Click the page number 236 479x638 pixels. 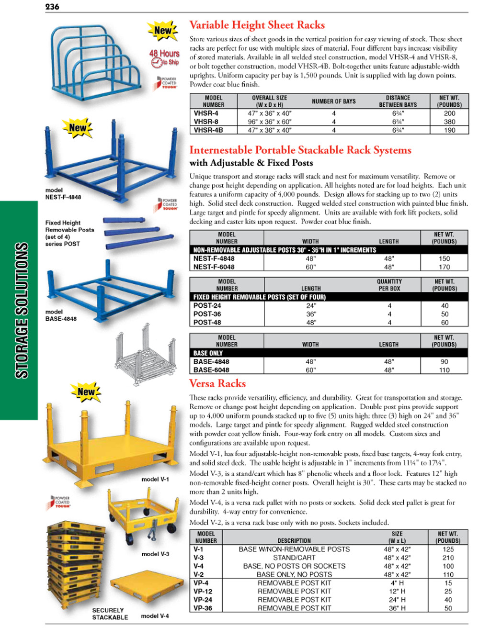pyautogui.click(x=52, y=7)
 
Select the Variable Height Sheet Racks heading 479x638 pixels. pyautogui.click(x=257, y=25)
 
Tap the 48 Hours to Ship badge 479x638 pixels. pyautogui.click(x=164, y=58)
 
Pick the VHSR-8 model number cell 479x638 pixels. pyautogui.click(x=206, y=122)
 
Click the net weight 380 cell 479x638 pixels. pyautogui.click(x=449, y=122)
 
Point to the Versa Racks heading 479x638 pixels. pyautogui.click(x=217, y=383)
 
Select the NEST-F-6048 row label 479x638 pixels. pyautogui.click(x=214, y=267)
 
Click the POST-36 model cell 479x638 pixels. pyautogui.click(x=207, y=314)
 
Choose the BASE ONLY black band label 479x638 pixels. pyautogui.click(x=208, y=353)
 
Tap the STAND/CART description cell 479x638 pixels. pyautogui.click(x=294, y=558)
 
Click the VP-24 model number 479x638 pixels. pyautogui.click(x=203, y=600)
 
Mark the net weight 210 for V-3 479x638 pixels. pyautogui.click(x=448, y=558)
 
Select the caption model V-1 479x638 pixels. pyautogui.click(x=155, y=479)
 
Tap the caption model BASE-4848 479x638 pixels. pyautogui.click(x=61, y=315)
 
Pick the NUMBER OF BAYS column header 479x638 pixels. pyautogui.click(x=334, y=101)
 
